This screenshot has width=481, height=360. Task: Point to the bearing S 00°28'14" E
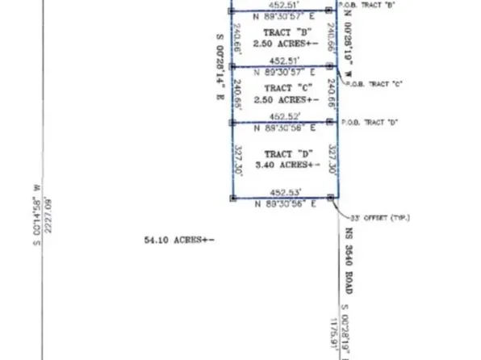pyautogui.click(x=218, y=66)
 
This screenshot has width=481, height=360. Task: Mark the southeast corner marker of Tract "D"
pyautogui.click(x=331, y=198)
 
